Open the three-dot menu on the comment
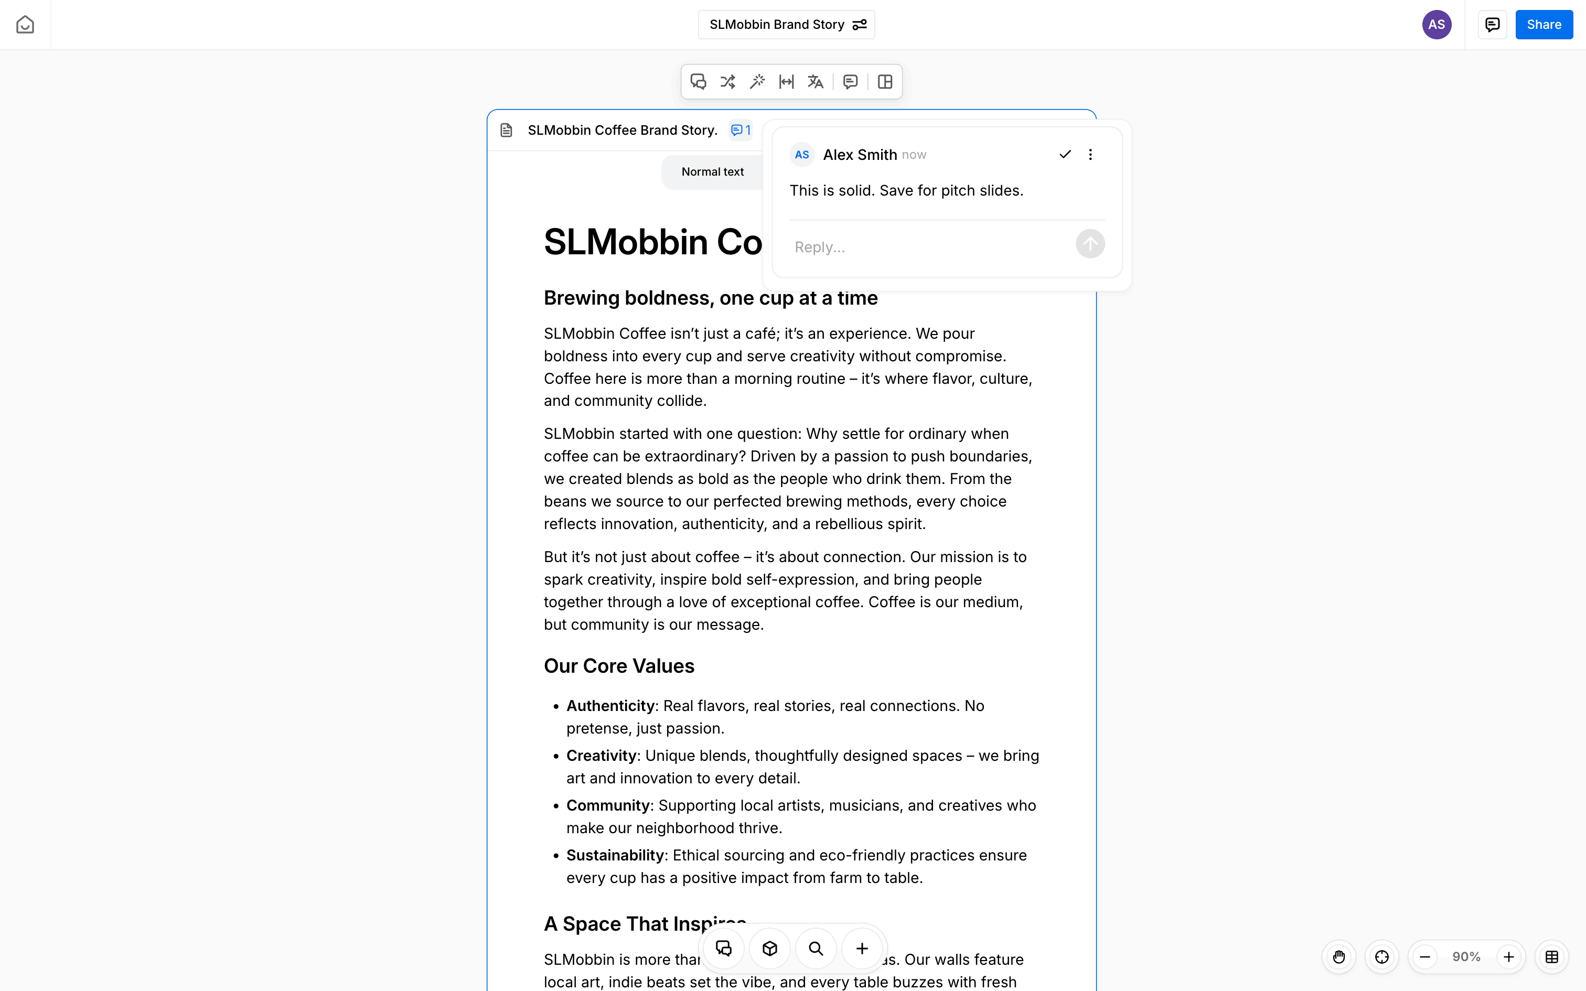pyautogui.click(x=1090, y=155)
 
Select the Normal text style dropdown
pyautogui.click(x=712, y=172)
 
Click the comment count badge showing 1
pyautogui.click(x=741, y=131)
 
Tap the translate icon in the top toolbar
pyautogui.click(x=815, y=82)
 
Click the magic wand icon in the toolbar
pyautogui.click(x=757, y=82)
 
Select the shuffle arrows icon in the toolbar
pyautogui.click(x=727, y=82)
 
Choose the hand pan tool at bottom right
pyautogui.click(x=1339, y=957)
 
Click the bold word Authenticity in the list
pyautogui.click(x=610, y=706)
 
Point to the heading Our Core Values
pyautogui.click(x=619, y=666)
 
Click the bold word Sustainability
pyautogui.click(x=615, y=855)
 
